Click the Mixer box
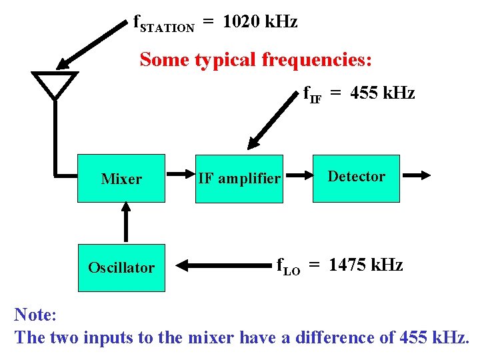121,178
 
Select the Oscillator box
121,267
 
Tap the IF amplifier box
239,178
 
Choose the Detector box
357,177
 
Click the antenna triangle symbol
55,84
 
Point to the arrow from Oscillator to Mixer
125,223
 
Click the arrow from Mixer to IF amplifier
179,177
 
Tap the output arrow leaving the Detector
417,176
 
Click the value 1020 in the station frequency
241,22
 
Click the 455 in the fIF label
363,93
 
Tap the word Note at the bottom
35,314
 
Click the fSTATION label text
164,25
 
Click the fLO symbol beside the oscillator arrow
288,267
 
